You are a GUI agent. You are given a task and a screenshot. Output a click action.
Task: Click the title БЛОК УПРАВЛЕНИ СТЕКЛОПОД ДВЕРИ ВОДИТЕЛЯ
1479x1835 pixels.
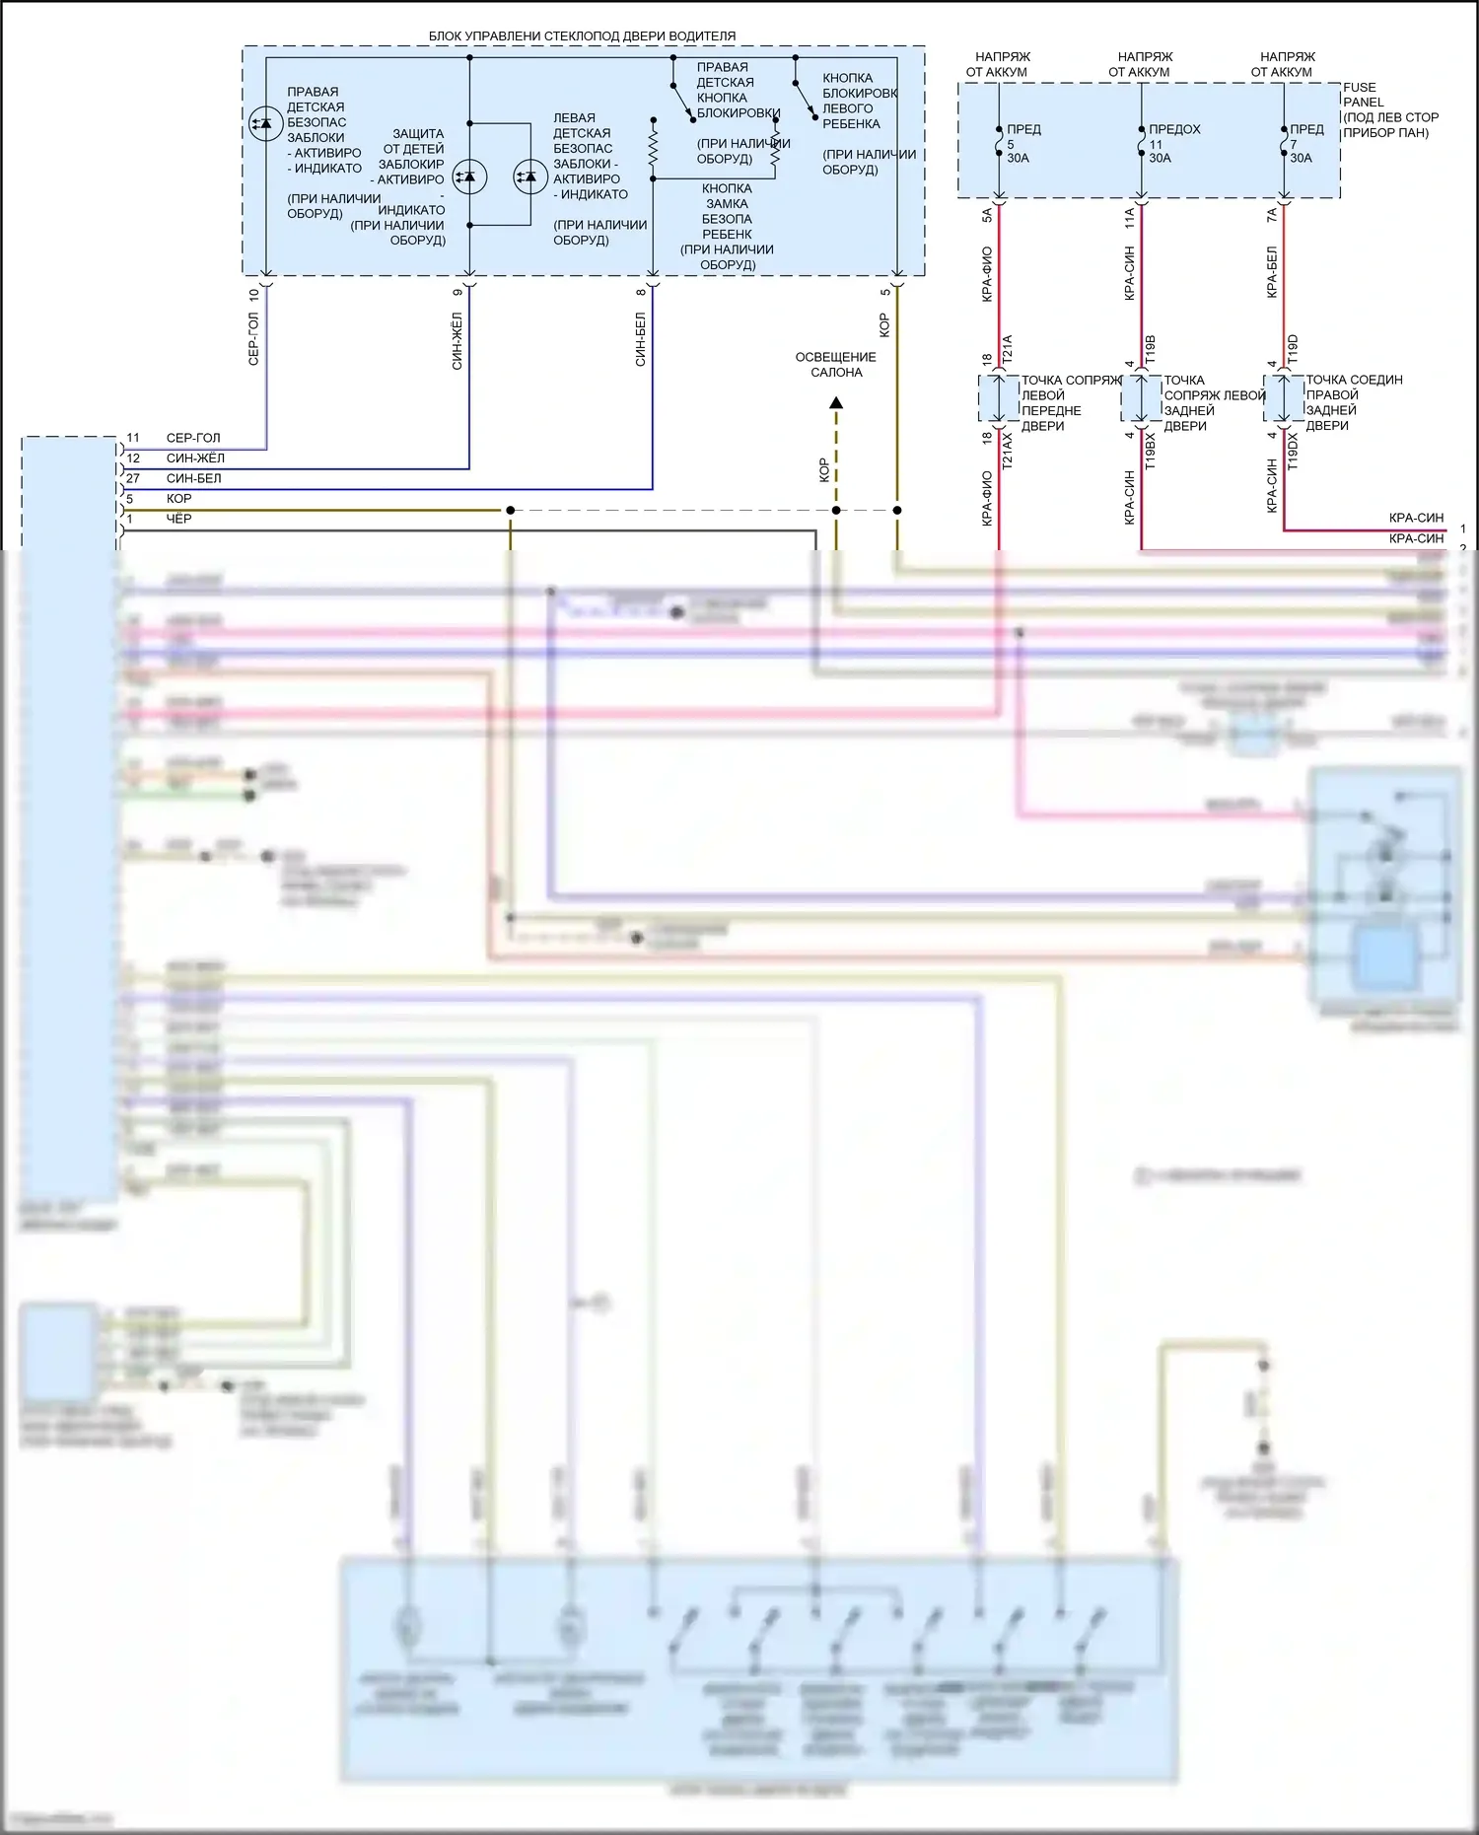[582, 36]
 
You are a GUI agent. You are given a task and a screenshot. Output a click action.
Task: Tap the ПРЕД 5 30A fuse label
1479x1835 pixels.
[1021, 143]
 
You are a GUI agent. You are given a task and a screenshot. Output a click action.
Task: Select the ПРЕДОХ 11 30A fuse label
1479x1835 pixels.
[1172, 143]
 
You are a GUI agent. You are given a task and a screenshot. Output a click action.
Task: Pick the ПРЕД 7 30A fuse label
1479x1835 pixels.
[1305, 143]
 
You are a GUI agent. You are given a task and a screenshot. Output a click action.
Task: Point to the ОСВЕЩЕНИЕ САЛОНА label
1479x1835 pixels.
[835, 365]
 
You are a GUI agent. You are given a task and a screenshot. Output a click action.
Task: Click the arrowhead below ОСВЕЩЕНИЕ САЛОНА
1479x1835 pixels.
[836, 402]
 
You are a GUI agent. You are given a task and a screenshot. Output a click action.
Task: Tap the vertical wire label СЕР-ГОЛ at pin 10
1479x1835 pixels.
[253, 339]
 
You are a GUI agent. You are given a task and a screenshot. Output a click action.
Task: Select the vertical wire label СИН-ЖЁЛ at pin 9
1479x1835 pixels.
[457, 341]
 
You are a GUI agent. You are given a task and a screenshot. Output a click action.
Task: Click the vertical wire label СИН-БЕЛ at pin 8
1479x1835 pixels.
[641, 340]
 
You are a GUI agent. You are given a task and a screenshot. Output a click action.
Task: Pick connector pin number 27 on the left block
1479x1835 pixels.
[132, 478]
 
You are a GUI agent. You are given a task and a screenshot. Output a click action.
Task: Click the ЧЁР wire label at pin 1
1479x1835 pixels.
[178, 519]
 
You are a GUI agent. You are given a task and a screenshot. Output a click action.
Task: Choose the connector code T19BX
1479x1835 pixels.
[1150, 452]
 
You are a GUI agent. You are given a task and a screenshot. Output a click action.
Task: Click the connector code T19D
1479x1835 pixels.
[1293, 349]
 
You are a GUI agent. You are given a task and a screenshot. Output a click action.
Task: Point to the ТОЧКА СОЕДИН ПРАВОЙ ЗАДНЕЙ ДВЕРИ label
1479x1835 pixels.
[1353, 402]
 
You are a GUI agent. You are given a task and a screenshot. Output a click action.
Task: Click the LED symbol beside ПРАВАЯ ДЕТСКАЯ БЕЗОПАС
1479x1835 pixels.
[264, 123]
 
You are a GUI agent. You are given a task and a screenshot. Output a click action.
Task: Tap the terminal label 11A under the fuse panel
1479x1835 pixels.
[1129, 217]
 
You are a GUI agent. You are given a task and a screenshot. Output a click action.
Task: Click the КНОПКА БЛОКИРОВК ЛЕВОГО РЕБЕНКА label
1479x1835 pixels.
[859, 101]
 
